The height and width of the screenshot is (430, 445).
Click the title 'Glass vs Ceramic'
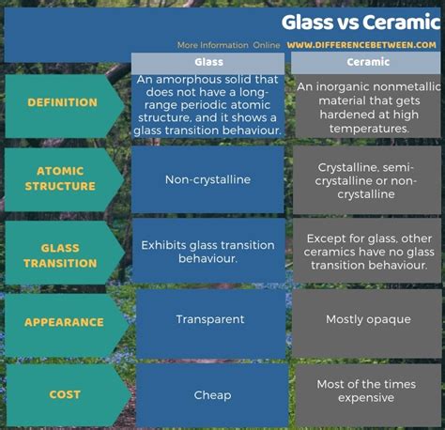point(361,23)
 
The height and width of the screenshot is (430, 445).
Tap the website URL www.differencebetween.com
point(361,45)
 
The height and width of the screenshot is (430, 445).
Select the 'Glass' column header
point(208,62)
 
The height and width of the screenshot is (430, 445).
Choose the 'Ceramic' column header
point(368,62)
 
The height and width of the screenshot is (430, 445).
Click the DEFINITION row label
point(62,102)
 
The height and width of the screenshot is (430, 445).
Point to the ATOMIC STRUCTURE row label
point(60,178)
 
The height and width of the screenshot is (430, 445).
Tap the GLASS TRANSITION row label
point(60,255)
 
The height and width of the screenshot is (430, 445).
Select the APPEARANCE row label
point(64,322)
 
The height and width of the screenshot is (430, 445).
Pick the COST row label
point(65,394)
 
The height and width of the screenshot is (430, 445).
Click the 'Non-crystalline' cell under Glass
point(207,179)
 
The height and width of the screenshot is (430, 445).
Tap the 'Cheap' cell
point(212,395)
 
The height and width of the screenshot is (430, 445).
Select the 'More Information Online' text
point(228,45)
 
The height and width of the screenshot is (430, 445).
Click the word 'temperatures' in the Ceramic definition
point(369,129)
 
